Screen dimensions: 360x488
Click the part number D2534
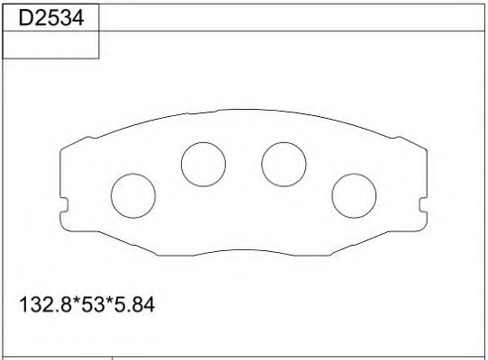pyautogui.click(x=50, y=15)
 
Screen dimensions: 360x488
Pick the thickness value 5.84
pyautogui.click(x=132, y=306)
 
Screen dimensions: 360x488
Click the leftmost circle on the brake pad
pyautogui.click(x=132, y=193)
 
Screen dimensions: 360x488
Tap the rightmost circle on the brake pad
pyautogui.click(x=353, y=193)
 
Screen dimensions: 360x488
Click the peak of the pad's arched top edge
pyautogui.click(x=243, y=114)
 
